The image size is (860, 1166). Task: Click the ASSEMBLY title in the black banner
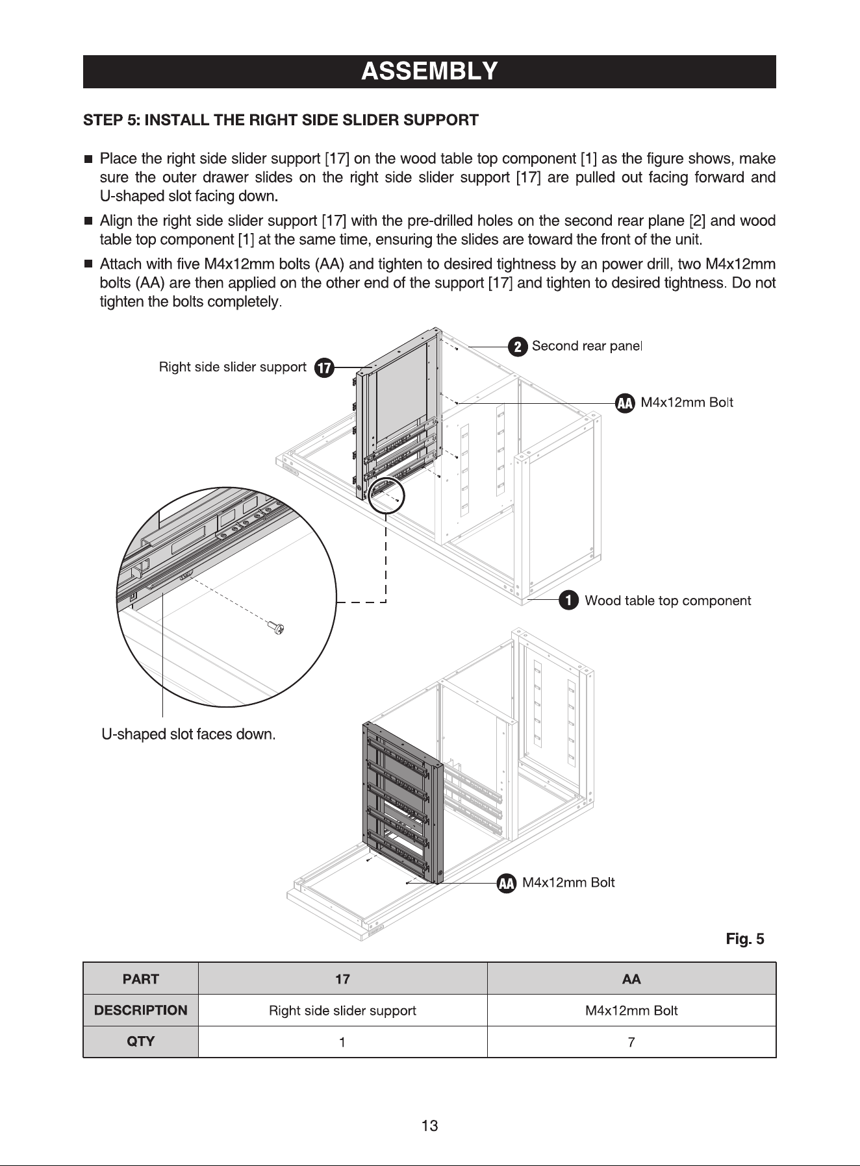point(429,71)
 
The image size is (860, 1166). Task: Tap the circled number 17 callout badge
point(323,369)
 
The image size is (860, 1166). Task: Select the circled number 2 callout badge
point(517,347)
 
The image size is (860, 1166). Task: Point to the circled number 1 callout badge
point(570,601)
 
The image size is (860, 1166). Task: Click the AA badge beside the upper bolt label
point(625,403)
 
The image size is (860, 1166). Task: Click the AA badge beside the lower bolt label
point(507,883)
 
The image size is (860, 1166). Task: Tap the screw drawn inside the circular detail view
point(275,627)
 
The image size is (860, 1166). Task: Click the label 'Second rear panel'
point(587,346)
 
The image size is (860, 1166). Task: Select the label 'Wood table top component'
point(668,601)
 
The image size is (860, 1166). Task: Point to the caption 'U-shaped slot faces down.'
point(189,735)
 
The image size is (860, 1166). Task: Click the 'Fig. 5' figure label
point(745,939)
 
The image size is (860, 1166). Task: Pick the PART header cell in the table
point(140,979)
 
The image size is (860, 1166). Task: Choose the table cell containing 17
point(342,979)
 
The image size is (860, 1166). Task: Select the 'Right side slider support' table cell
point(342,1010)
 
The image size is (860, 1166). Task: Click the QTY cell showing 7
point(631,1042)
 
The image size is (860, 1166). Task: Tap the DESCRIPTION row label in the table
point(140,1010)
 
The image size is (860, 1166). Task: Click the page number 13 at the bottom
point(430,1126)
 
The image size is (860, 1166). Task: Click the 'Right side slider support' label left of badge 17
point(233,367)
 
